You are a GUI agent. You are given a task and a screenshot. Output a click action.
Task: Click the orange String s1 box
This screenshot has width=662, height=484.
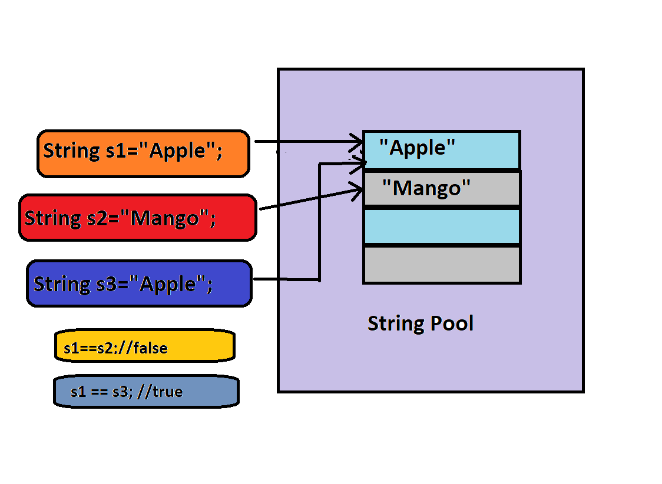(x=143, y=153)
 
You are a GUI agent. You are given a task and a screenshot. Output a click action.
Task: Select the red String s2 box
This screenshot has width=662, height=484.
(x=138, y=218)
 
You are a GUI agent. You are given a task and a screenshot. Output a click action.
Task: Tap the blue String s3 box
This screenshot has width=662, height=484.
(x=139, y=284)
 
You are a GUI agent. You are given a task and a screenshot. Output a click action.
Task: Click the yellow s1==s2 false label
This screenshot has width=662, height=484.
(x=144, y=346)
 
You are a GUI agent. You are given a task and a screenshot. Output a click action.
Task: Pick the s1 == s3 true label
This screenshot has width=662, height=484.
(x=146, y=392)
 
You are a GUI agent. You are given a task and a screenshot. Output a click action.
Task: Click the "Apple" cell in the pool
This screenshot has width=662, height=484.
(x=442, y=150)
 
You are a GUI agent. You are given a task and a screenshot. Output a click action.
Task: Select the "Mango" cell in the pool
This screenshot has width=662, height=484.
(x=442, y=189)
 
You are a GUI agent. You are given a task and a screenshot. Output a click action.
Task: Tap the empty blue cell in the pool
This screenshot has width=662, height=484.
(x=442, y=226)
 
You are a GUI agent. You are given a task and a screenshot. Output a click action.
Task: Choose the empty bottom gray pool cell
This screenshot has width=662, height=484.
(x=442, y=265)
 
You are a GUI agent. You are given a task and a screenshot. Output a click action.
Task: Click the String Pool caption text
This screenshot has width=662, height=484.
(x=421, y=323)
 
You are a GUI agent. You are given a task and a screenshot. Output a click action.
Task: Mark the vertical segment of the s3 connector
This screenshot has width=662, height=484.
(x=319, y=223)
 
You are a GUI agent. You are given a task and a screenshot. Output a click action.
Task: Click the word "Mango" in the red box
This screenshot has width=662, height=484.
(x=165, y=218)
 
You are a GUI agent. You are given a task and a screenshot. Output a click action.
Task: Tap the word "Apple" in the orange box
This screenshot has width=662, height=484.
(x=177, y=151)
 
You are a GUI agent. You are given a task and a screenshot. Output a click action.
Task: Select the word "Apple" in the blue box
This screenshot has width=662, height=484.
(x=167, y=284)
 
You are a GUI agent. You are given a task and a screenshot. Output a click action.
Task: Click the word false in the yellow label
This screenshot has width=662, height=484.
(x=151, y=348)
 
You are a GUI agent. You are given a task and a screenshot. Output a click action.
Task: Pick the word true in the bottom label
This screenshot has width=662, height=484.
(x=167, y=392)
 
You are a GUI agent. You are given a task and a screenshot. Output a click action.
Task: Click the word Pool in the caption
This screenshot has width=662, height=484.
(x=451, y=323)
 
